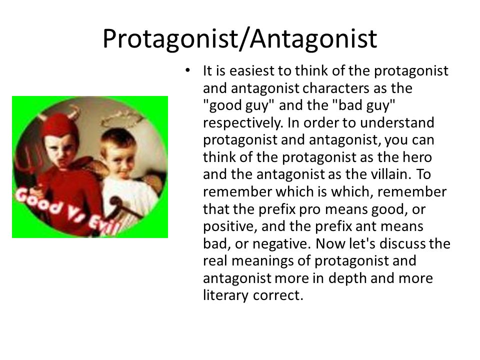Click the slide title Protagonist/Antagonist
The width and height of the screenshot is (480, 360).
(239, 39)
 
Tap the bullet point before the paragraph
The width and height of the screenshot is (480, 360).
(187, 70)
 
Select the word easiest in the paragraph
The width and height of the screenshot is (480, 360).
(251, 70)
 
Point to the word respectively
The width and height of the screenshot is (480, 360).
(242, 123)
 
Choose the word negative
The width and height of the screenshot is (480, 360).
(281, 244)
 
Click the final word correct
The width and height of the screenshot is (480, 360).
(278, 295)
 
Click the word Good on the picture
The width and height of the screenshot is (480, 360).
(38, 201)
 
